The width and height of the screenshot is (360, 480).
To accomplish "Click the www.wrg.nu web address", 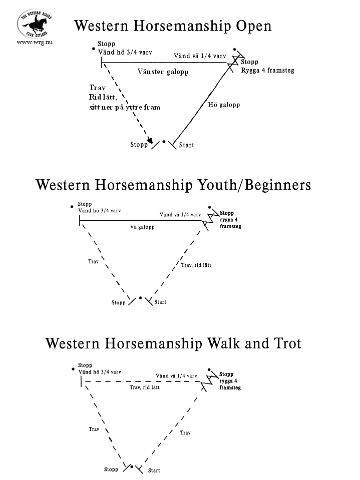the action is [35, 43].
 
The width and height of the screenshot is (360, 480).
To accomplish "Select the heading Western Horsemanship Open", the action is [173, 26].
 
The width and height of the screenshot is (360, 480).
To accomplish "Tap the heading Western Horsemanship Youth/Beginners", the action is [173, 185].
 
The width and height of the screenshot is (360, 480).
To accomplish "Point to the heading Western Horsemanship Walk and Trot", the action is [173, 343].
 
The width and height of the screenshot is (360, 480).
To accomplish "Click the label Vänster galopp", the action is [163, 72].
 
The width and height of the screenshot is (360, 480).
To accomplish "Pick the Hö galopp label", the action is [224, 105].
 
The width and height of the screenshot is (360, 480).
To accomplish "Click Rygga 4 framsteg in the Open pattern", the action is [267, 71].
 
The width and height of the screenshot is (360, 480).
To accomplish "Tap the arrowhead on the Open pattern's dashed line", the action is [150, 141].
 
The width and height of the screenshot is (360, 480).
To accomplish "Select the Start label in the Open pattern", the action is [186, 145].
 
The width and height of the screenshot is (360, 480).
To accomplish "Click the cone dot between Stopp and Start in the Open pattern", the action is [164, 142].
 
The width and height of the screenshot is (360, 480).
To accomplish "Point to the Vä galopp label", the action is [142, 227].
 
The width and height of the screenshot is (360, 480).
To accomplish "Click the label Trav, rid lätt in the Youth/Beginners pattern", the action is [196, 265].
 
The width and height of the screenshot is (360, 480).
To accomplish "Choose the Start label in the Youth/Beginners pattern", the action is [160, 302].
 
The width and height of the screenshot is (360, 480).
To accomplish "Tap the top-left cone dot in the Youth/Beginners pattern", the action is [72, 207].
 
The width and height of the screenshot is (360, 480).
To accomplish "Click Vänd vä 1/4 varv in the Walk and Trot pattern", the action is [176, 376].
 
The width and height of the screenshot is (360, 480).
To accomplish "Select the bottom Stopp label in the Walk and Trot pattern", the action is [111, 469].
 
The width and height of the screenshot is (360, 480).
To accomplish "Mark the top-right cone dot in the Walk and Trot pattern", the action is [209, 369].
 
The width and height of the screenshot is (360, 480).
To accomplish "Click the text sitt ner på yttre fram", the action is [125, 108].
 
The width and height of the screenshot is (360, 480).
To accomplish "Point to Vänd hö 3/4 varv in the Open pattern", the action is [125, 53].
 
